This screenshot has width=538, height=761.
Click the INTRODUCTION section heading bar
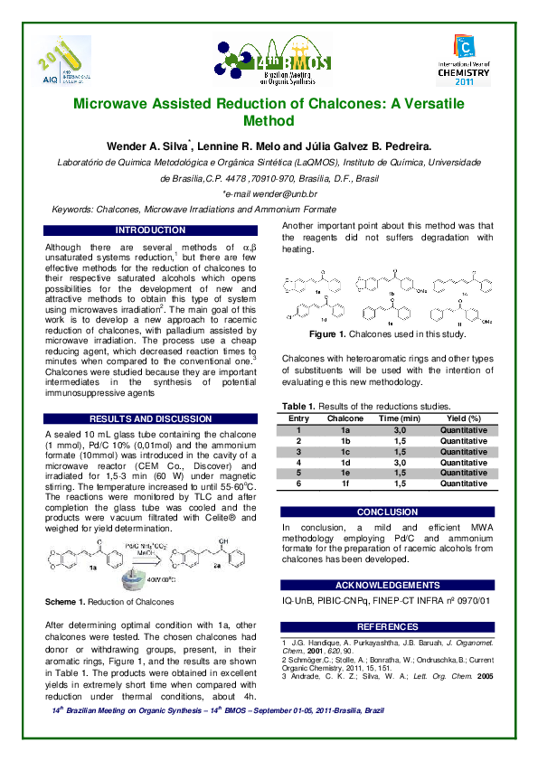[150, 230]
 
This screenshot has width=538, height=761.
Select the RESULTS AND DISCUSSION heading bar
[150, 419]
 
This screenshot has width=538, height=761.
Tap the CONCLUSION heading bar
[388, 512]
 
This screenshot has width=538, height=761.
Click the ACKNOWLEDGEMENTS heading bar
[388, 586]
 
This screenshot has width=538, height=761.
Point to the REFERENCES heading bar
[388, 626]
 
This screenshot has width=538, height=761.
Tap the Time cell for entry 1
[400, 430]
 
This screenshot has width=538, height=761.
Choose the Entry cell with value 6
[298, 484]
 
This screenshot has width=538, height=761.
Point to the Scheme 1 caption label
[68, 601]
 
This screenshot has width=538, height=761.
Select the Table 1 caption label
[302, 408]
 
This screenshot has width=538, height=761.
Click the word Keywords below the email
[73, 209]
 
